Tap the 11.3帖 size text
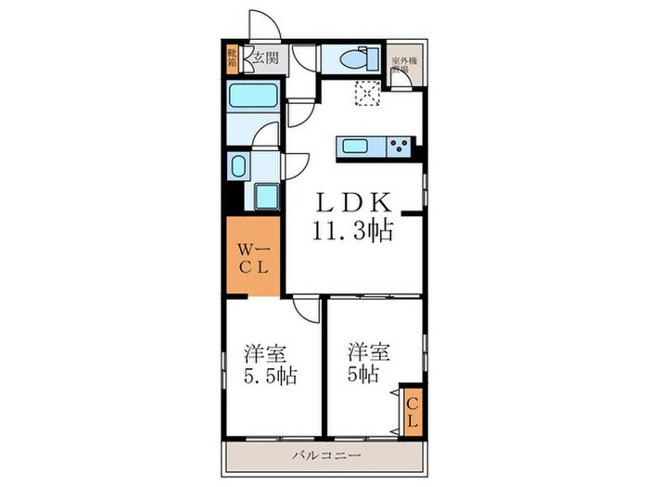pos(352,231)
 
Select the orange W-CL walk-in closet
pos(251,257)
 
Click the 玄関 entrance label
pos(265,58)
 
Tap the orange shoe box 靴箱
pos(231,58)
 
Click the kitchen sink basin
pos(358,145)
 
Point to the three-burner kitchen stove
pos(399,145)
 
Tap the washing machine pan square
pos(266,198)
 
